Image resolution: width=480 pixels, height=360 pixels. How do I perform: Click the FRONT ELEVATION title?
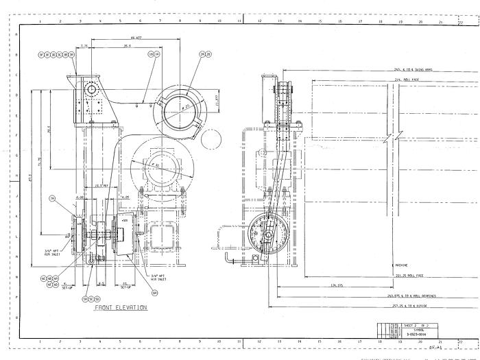(121, 308)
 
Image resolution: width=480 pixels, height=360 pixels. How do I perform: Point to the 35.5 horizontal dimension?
(127, 46)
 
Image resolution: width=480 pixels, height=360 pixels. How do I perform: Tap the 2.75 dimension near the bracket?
(84, 46)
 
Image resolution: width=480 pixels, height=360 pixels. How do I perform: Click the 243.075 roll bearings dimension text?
(411, 296)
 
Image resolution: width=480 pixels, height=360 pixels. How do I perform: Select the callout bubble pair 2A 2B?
(206, 54)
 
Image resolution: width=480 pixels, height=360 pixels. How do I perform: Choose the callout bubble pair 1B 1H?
(154, 54)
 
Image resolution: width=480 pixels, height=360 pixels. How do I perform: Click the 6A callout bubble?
(155, 293)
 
